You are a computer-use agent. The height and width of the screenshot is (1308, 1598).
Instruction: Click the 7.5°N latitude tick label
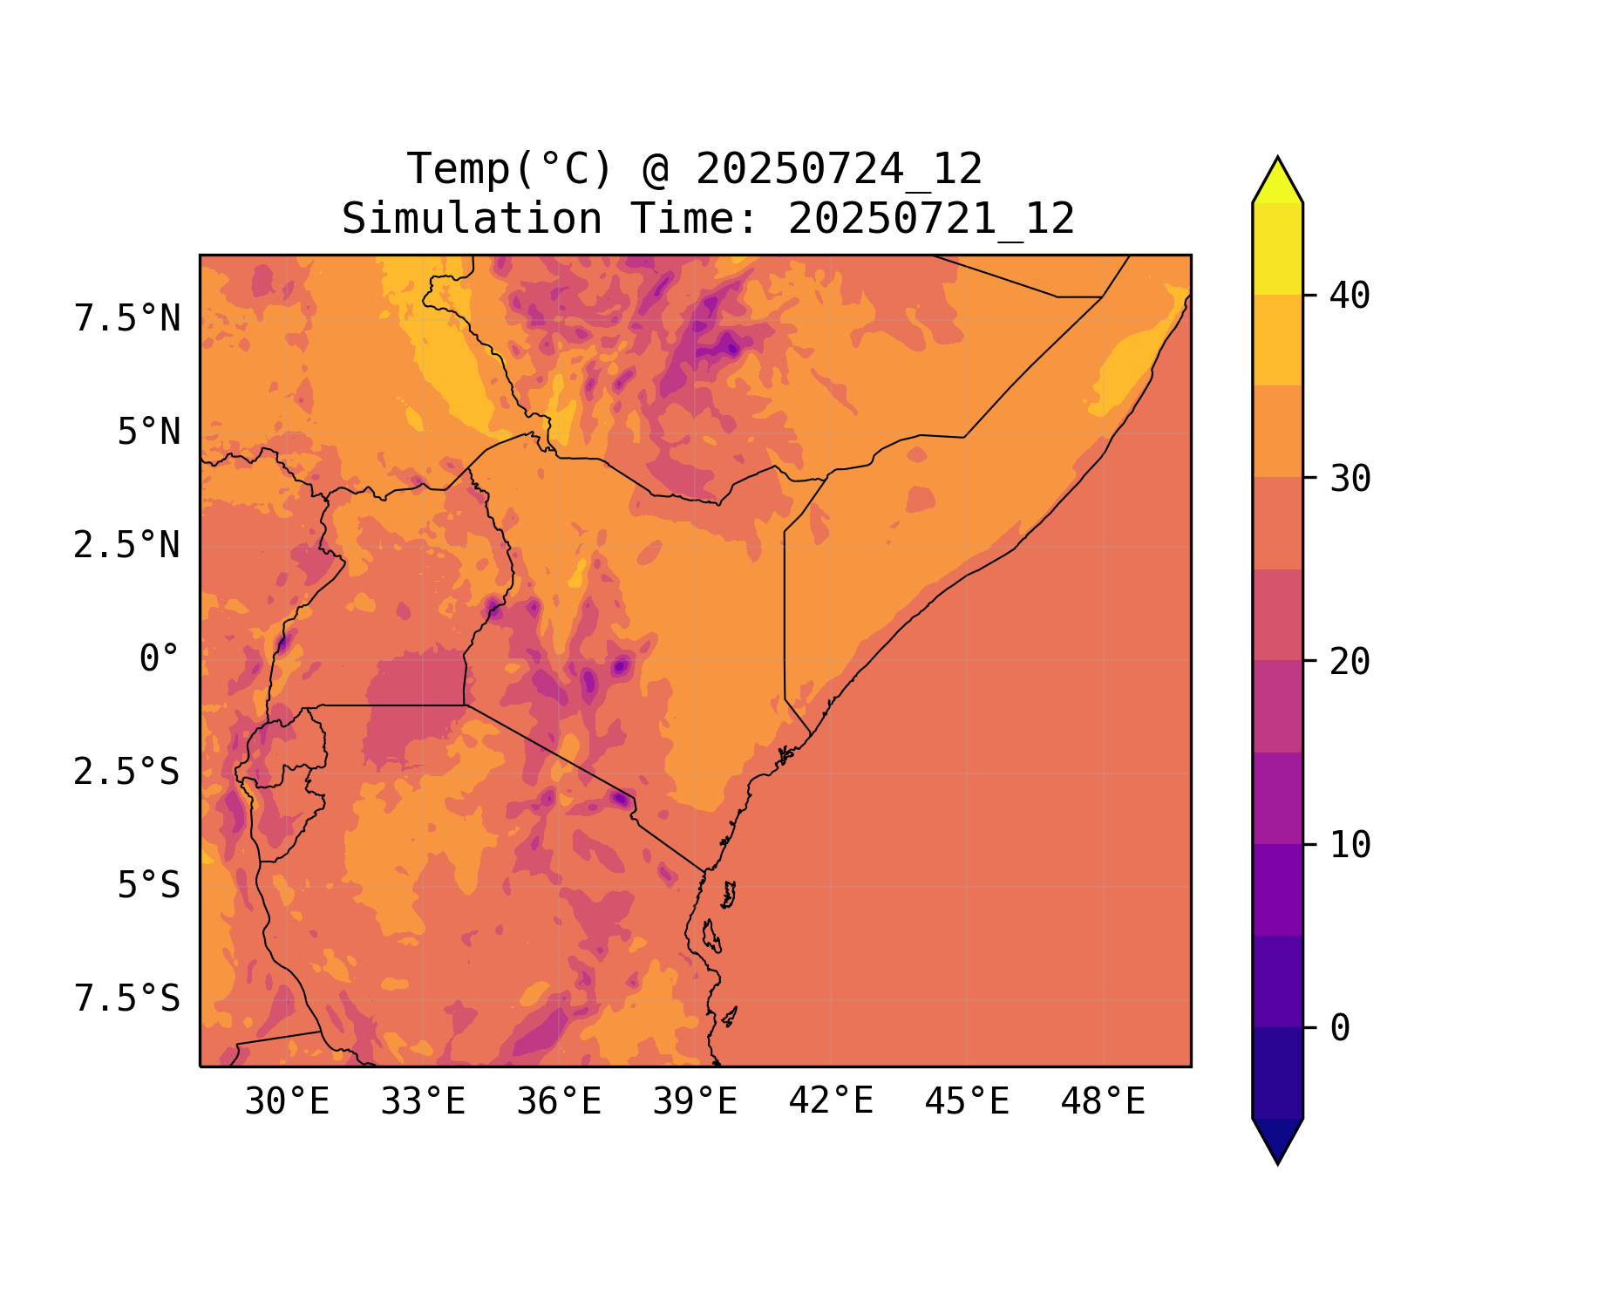(x=127, y=319)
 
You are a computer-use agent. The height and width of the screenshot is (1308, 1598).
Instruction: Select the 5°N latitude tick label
(x=148, y=433)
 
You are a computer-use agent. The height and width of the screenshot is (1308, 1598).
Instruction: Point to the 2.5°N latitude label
(x=127, y=546)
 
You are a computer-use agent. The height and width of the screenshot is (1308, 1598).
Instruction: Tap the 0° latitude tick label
(x=159, y=659)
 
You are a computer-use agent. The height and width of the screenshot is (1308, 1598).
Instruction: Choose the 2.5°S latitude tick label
(x=127, y=773)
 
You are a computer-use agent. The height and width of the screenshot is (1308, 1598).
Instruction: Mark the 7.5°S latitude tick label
(x=127, y=999)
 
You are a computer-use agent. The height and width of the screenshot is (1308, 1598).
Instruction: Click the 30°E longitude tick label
(x=287, y=1102)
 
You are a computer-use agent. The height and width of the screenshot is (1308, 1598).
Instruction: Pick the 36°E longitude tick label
(x=559, y=1102)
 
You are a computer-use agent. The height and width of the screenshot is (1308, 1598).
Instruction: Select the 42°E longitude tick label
(x=831, y=1102)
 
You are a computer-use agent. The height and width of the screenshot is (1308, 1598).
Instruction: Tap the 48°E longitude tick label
(x=1103, y=1102)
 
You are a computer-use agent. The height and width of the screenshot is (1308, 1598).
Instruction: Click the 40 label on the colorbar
(x=1350, y=296)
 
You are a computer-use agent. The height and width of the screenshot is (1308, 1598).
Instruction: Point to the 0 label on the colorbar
(x=1340, y=1029)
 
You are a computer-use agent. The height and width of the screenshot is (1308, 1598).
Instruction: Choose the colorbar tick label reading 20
(x=1350, y=662)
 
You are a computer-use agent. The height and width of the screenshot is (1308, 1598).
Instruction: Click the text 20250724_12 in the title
(x=839, y=169)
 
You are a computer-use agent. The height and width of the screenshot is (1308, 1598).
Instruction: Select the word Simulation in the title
(x=472, y=219)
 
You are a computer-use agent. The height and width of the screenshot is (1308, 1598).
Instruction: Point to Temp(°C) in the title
(x=510, y=169)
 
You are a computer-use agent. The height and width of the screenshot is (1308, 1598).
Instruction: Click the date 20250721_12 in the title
(x=931, y=219)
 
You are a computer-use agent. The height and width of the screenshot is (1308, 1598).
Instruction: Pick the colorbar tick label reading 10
(x=1350, y=845)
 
